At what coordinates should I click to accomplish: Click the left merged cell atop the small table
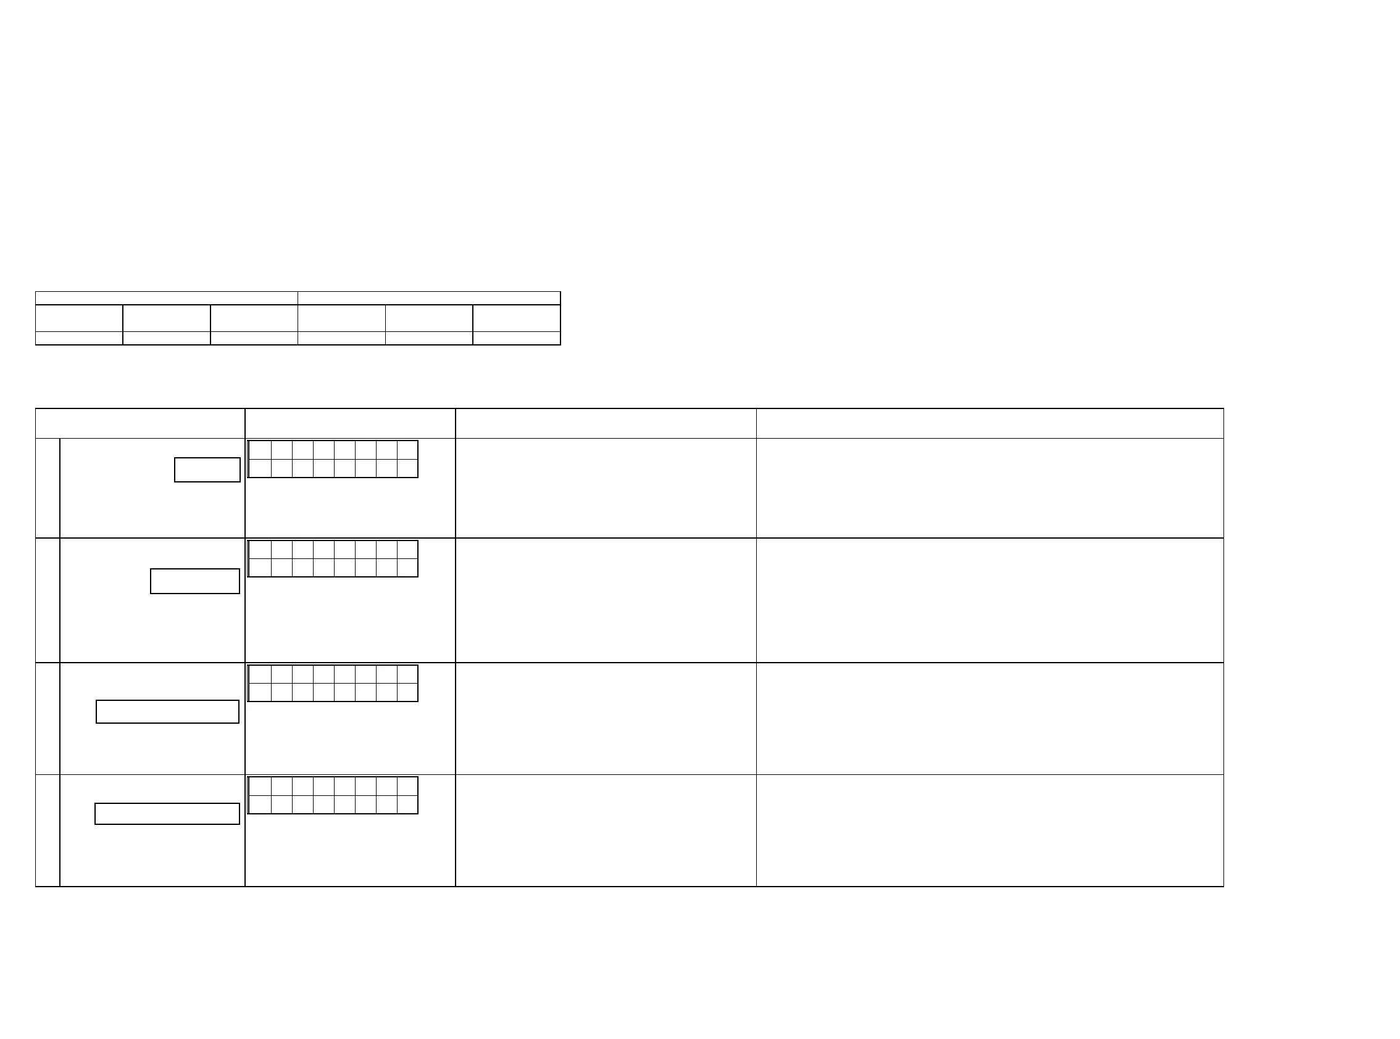click(x=166, y=298)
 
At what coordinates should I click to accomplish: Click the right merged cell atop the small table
click(x=428, y=298)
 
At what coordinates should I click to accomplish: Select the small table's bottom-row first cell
click(x=78, y=338)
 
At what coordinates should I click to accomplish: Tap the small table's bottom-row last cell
click(x=516, y=338)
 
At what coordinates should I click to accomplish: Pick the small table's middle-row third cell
click(x=254, y=318)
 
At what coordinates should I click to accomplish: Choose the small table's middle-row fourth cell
click(x=341, y=318)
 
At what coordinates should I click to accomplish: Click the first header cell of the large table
click(x=140, y=423)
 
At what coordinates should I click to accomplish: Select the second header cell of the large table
click(x=350, y=423)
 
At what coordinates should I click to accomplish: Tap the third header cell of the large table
click(x=606, y=423)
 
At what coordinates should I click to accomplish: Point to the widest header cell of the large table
click(x=989, y=423)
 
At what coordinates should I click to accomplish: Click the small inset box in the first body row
click(x=207, y=470)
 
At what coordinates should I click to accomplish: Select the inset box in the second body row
click(x=195, y=581)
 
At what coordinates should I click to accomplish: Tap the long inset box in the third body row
click(x=167, y=712)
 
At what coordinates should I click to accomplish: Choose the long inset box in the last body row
click(x=167, y=814)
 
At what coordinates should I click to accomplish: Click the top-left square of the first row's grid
click(x=260, y=450)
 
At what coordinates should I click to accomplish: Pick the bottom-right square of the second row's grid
click(x=407, y=567)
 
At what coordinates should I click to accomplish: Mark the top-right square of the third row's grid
click(x=407, y=674)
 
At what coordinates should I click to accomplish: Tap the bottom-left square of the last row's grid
click(x=260, y=805)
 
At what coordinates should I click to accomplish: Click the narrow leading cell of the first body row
click(x=48, y=488)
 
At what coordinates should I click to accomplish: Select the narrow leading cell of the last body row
click(x=48, y=830)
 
